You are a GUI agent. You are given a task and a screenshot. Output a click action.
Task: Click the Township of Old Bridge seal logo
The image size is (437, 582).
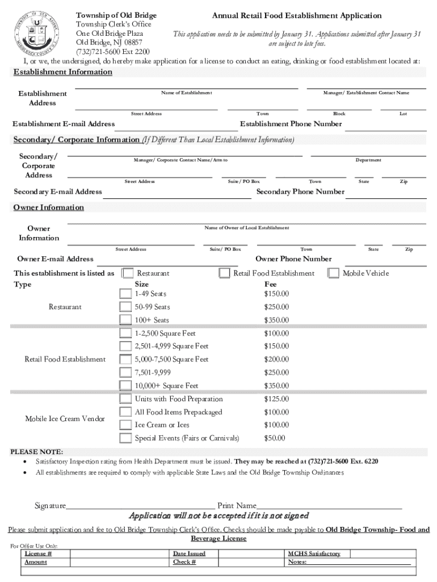click(37, 32)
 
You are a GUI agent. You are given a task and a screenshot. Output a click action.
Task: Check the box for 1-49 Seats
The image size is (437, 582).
click(125, 294)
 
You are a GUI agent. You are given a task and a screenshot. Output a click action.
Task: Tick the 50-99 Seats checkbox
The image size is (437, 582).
click(125, 307)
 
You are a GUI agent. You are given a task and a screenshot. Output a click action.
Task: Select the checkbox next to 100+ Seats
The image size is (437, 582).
click(125, 320)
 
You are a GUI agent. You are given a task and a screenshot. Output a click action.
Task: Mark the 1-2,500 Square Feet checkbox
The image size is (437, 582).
click(125, 333)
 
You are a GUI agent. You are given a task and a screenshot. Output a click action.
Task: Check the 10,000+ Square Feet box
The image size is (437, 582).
click(125, 385)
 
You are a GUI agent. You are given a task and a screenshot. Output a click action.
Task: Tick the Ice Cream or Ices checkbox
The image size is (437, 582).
click(125, 425)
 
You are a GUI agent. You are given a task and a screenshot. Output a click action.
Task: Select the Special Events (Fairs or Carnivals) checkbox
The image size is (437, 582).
click(125, 438)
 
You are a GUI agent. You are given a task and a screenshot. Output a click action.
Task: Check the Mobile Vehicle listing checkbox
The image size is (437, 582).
click(333, 273)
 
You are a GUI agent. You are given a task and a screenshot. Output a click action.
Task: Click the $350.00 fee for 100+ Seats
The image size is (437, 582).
click(276, 320)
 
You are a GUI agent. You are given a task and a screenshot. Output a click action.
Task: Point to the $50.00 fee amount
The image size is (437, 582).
click(275, 438)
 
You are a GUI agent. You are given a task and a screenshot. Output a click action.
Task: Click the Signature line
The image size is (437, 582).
click(141, 505)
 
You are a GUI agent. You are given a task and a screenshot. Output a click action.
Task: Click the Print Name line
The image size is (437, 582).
click(329, 505)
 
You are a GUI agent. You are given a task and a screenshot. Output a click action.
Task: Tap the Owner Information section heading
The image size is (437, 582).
click(48, 207)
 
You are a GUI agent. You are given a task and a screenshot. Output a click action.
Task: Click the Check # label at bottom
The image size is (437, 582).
click(184, 562)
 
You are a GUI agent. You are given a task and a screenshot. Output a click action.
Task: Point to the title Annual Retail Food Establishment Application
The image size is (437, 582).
click(297, 16)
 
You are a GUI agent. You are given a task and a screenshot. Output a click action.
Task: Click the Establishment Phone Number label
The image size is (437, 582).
click(291, 124)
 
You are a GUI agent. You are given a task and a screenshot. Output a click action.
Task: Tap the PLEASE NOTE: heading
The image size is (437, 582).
click(37, 452)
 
